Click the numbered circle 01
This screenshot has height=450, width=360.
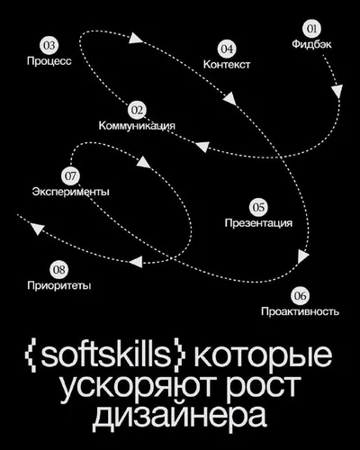pyautogui.click(x=311, y=29)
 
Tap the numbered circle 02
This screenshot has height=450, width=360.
pyautogui.click(x=137, y=111)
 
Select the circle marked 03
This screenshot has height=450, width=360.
pyautogui.click(x=49, y=46)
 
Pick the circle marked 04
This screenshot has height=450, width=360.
pyautogui.click(x=227, y=49)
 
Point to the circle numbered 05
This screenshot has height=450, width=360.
pyautogui.click(x=258, y=207)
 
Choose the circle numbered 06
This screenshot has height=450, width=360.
pyautogui.click(x=300, y=296)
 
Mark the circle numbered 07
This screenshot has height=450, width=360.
pyautogui.click(x=70, y=175)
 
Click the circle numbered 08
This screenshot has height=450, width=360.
pyautogui.click(x=58, y=269)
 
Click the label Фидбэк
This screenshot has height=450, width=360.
pyautogui.click(x=311, y=44)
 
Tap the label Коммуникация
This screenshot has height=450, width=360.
pyautogui.click(x=137, y=125)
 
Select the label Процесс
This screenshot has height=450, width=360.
pyautogui.click(x=49, y=61)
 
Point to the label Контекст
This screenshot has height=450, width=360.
pyautogui.click(x=227, y=64)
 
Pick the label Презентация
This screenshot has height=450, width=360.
pyautogui.click(x=258, y=223)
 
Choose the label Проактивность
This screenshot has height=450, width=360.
pyautogui.click(x=300, y=311)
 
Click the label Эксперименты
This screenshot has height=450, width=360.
pyautogui.click(x=71, y=192)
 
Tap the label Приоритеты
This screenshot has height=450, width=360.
pyautogui.click(x=59, y=285)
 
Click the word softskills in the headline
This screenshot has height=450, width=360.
pyautogui.click(x=105, y=355)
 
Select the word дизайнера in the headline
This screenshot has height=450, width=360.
pyautogui.click(x=179, y=415)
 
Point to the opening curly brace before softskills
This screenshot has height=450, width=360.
pyautogui.click(x=31, y=355)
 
